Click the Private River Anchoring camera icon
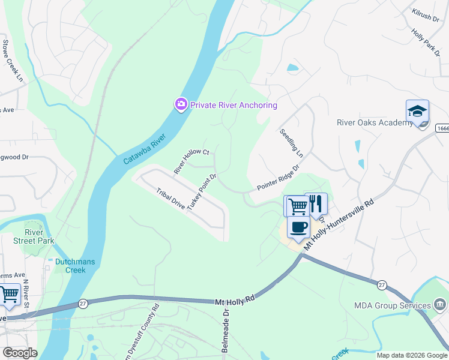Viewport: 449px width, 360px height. pos(181,105)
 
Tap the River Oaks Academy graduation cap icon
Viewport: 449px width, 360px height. pos(417,111)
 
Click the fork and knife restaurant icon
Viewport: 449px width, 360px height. pos(316,205)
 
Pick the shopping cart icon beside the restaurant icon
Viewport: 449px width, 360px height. pos(297,207)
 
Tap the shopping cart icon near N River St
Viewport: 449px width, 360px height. pos(9,295)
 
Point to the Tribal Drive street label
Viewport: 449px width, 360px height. pos(170,198)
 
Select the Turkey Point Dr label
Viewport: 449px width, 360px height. pos(201,192)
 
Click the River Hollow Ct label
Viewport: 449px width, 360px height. pos(191,161)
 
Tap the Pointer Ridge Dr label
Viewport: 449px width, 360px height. pos(278,178)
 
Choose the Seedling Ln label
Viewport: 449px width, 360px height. pos(291,142)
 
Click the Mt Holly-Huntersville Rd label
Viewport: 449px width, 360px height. pos(339,225)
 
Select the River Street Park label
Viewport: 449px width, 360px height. pos(40,236)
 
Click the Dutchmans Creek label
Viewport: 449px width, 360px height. pos(79,266)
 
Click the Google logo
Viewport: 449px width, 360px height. pos(20,353)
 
